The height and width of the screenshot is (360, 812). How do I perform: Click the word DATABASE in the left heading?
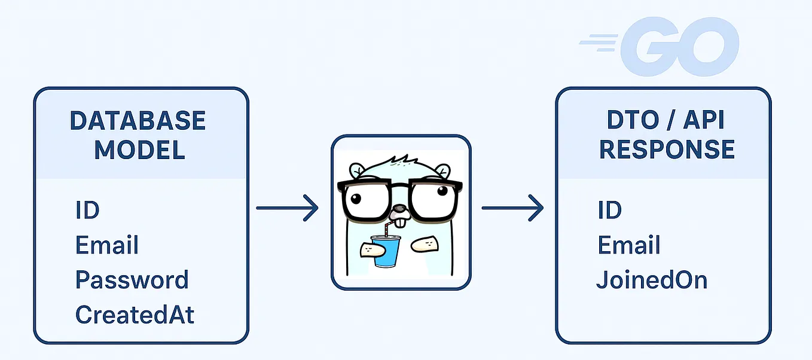pyautogui.click(x=138, y=121)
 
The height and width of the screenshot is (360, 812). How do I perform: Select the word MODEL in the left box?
pyautogui.click(x=139, y=150)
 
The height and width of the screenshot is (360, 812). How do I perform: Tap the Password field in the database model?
pyautogui.click(x=132, y=280)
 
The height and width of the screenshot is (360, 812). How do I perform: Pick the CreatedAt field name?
pyautogui.click(x=135, y=315)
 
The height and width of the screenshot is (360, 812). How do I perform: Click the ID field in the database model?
pyautogui.click(x=87, y=210)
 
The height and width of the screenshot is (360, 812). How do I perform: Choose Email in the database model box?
pyautogui.click(x=107, y=245)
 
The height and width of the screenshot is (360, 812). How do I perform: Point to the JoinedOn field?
pyautogui.click(x=652, y=280)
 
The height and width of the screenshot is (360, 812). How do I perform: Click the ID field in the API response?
pyautogui.click(x=610, y=210)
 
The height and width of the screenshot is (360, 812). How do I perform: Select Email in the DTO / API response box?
pyautogui.click(x=629, y=245)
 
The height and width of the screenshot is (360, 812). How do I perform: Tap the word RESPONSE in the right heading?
pyautogui.click(x=667, y=150)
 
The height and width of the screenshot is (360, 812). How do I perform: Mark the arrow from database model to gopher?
pyautogui.click(x=287, y=208)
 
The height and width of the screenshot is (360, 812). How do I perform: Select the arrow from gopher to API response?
pyautogui.click(x=512, y=208)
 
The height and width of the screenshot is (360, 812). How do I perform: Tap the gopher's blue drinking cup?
pyautogui.click(x=385, y=251)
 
